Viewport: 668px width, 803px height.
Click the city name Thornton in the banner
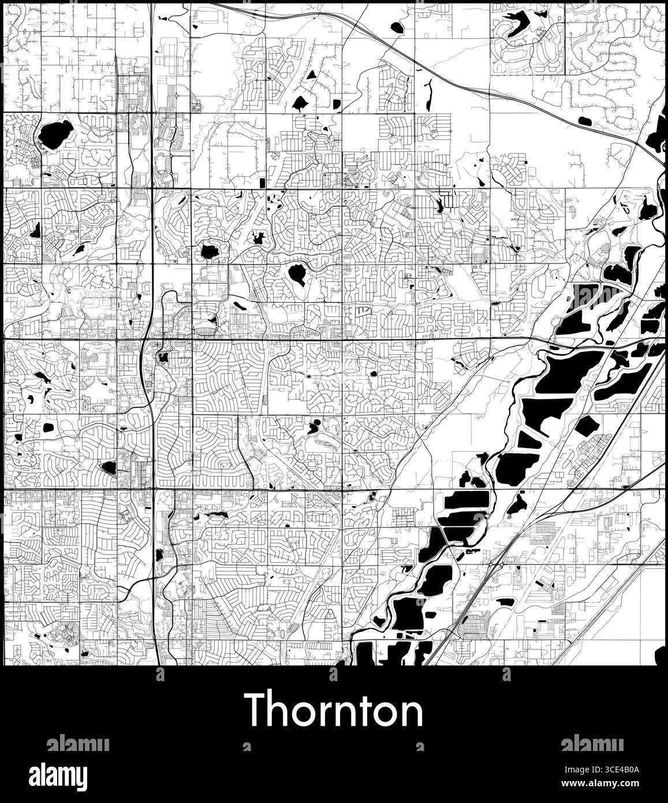coord(334,711)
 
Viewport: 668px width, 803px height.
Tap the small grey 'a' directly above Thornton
coord(333,675)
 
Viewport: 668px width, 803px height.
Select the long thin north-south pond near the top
coord(428,95)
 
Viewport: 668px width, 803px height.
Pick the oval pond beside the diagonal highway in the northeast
coord(585,121)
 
